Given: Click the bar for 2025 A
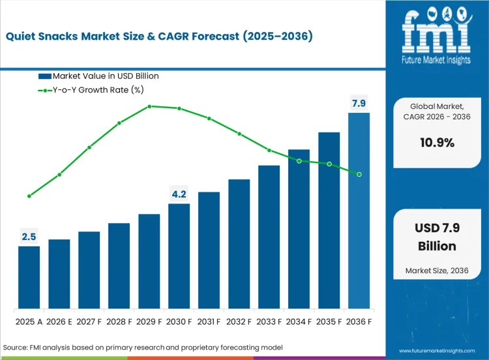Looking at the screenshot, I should (x=29, y=277).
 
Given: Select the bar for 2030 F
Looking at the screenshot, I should (x=179, y=256).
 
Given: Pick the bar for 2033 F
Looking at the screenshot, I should (x=269, y=237).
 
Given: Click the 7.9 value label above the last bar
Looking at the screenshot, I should (x=359, y=103).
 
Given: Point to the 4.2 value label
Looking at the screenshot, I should (x=179, y=194).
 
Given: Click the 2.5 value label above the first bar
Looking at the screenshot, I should (x=29, y=237).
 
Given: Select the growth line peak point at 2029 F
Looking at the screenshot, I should (x=149, y=106).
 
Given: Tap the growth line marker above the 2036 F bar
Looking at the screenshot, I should (x=359, y=174).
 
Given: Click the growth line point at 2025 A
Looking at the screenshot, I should (x=29, y=196).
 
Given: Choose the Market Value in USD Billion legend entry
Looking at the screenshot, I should (x=98, y=76).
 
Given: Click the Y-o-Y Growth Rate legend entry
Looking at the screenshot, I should (x=98, y=89).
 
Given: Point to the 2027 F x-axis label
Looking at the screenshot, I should (x=89, y=321).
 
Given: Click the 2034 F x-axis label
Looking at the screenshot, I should (x=299, y=321).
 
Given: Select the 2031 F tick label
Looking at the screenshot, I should (x=209, y=321).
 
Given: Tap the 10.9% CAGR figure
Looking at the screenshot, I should (x=437, y=143).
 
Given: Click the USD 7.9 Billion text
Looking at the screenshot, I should (x=436, y=237).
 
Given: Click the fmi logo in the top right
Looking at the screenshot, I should (x=436, y=33).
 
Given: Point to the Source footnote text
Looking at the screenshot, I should (x=143, y=348).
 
